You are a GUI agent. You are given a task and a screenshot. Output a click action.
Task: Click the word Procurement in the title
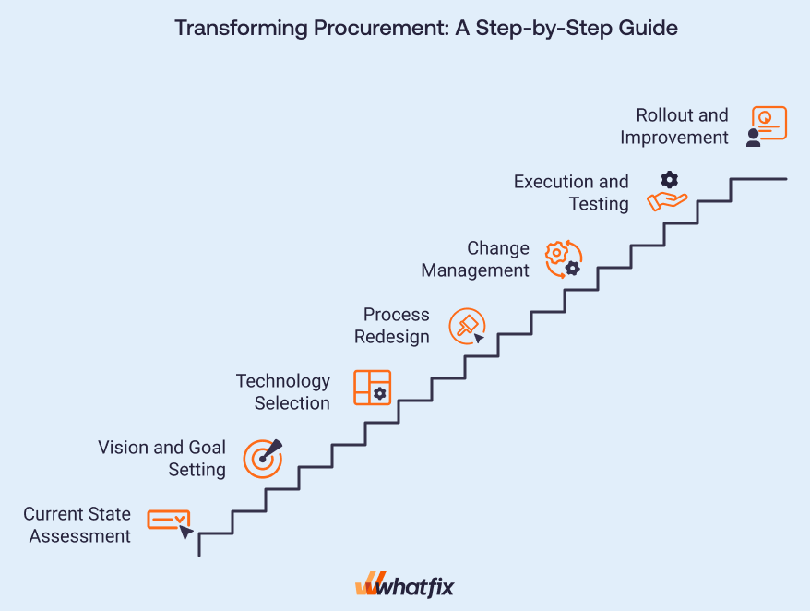(x=381, y=28)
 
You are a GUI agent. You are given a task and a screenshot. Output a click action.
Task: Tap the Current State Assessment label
(x=77, y=524)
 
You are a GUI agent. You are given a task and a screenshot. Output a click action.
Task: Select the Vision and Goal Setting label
(x=161, y=458)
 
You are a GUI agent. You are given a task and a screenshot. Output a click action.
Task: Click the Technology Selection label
(x=283, y=392)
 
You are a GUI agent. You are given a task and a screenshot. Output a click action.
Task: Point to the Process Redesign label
(x=391, y=326)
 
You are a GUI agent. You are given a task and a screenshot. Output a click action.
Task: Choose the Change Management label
(x=475, y=259)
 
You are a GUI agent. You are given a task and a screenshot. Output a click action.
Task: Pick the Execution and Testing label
(x=571, y=193)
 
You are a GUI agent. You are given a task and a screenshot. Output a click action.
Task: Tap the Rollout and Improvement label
(x=674, y=126)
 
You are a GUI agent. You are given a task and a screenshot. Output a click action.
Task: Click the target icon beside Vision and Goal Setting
(x=263, y=459)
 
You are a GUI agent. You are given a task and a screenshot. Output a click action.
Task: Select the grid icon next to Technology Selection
(x=372, y=387)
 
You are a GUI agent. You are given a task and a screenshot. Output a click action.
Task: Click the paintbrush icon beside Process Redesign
(x=467, y=326)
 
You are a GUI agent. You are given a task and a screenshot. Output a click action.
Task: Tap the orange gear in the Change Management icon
(x=556, y=253)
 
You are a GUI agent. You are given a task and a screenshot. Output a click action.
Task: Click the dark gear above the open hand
(x=670, y=180)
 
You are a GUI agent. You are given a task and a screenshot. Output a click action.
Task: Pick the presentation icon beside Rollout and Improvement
(x=769, y=123)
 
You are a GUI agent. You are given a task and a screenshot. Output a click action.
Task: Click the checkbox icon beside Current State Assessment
(x=169, y=520)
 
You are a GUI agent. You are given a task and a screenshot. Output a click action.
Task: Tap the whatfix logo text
(x=415, y=588)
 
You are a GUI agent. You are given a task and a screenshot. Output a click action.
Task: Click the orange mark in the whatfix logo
(x=369, y=583)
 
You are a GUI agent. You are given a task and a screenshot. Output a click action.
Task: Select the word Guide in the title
(x=648, y=28)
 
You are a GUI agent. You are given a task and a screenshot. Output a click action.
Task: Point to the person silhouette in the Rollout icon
(x=753, y=138)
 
